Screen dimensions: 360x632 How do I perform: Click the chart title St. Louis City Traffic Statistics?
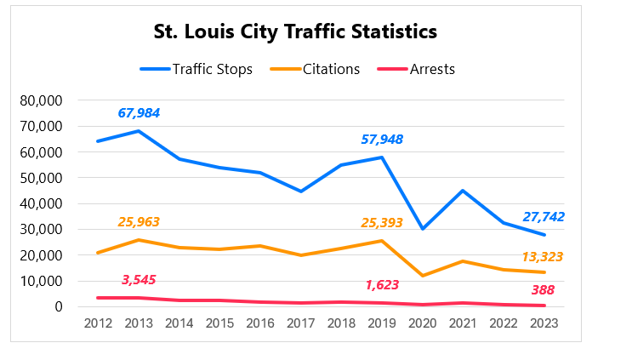tap(295, 32)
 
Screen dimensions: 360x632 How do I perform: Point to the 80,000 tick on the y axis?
tap(41, 100)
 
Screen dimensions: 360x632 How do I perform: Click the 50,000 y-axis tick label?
tap(41, 178)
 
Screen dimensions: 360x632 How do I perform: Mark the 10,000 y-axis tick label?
tap(41, 281)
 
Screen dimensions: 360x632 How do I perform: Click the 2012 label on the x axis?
tap(98, 323)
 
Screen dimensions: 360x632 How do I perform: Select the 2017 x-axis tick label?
tap(301, 323)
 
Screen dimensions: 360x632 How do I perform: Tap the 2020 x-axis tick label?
tap(423, 323)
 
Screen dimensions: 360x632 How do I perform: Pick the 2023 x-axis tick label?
tap(544, 323)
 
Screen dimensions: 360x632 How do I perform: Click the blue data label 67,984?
tap(139, 113)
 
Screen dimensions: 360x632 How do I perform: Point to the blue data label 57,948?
tap(382, 139)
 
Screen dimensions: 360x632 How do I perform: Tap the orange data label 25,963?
tap(139, 222)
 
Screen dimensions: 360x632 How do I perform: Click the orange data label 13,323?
tap(542, 256)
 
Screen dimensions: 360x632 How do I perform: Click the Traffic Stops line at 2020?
tap(423, 229)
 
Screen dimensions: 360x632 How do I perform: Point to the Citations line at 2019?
tap(382, 241)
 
